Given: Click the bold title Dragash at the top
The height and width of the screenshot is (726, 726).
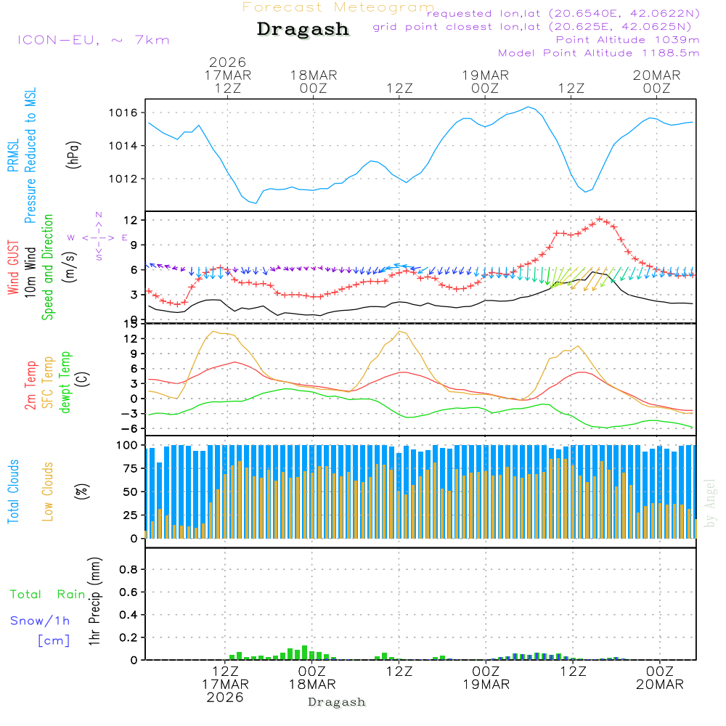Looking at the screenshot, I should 303,29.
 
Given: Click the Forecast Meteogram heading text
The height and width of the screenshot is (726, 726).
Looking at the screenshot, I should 338,7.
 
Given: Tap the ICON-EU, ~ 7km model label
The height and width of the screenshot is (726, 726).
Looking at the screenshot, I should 93,40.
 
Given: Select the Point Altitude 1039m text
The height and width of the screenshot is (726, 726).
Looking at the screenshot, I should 627,40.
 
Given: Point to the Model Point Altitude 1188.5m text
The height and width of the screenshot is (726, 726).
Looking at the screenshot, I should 598,53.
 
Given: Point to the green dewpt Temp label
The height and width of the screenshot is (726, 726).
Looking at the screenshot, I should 65,383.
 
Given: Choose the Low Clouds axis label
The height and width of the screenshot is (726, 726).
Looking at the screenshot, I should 48,491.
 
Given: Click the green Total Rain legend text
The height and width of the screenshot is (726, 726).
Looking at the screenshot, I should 47,595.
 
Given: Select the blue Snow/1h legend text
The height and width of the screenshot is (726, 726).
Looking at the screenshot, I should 40,621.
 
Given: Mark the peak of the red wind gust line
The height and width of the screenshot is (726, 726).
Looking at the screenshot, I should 600,219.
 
